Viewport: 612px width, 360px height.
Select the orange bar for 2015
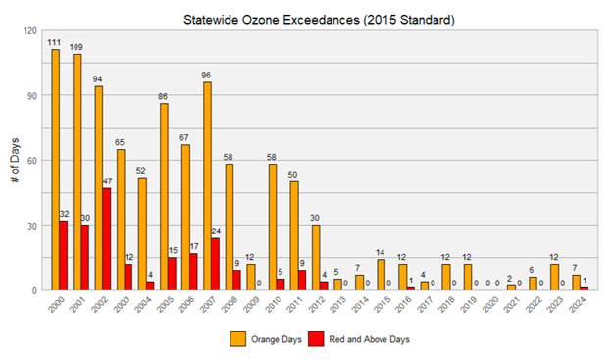381,276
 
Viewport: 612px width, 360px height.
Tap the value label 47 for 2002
108,181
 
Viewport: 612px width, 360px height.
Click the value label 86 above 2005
164,97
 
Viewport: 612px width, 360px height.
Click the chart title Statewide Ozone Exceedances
306,17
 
